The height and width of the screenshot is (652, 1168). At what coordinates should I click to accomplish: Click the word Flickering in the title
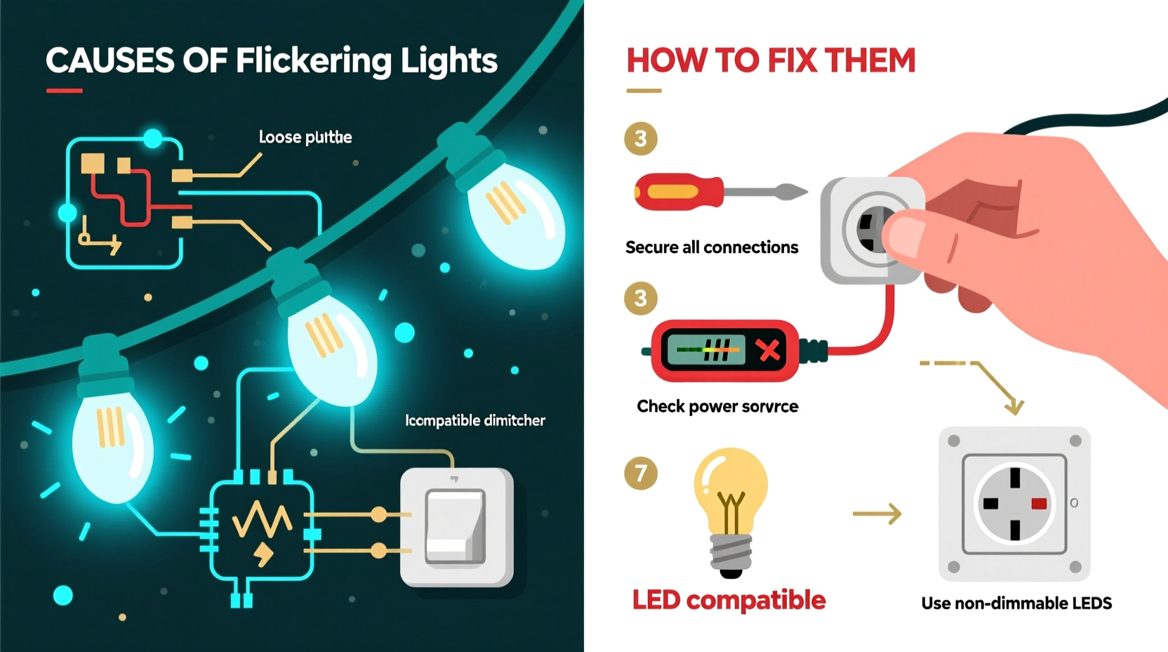point(312,61)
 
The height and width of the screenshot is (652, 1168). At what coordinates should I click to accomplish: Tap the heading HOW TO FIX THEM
point(771,60)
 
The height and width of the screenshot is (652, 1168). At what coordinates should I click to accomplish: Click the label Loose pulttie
point(305,137)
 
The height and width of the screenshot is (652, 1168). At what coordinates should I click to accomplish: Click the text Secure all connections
point(711,247)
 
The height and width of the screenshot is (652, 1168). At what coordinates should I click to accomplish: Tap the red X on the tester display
point(769,349)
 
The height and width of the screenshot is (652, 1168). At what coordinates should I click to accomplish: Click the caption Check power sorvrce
point(717,406)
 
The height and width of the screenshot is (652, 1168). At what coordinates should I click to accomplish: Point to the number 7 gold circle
point(640,473)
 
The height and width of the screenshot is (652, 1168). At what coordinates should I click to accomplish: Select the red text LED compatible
point(729,600)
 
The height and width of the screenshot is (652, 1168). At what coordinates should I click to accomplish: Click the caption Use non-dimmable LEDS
point(1016,603)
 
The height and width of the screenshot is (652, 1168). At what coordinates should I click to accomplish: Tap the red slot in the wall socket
point(1038,503)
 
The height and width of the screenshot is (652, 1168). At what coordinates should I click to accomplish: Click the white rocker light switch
point(456,527)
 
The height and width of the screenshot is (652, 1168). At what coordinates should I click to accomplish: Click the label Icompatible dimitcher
point(474,420)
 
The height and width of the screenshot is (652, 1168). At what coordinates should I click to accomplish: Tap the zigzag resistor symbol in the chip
point(261,520)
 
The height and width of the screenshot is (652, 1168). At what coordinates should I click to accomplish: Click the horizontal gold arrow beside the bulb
point(877,514)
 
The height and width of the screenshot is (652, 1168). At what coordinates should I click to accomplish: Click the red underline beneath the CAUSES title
point(64,91)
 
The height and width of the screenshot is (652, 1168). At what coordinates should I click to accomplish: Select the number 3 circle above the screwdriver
point(640,138)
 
